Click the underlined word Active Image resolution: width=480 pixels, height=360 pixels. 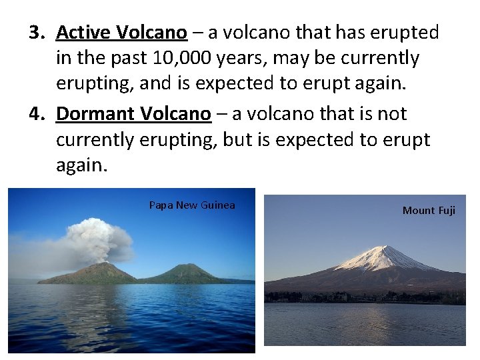tap(83, 32)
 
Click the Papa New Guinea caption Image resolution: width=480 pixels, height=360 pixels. tap(192, 205)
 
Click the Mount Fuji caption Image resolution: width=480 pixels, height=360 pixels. tap(429, 211)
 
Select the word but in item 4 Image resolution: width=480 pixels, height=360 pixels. tap(254, 141)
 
